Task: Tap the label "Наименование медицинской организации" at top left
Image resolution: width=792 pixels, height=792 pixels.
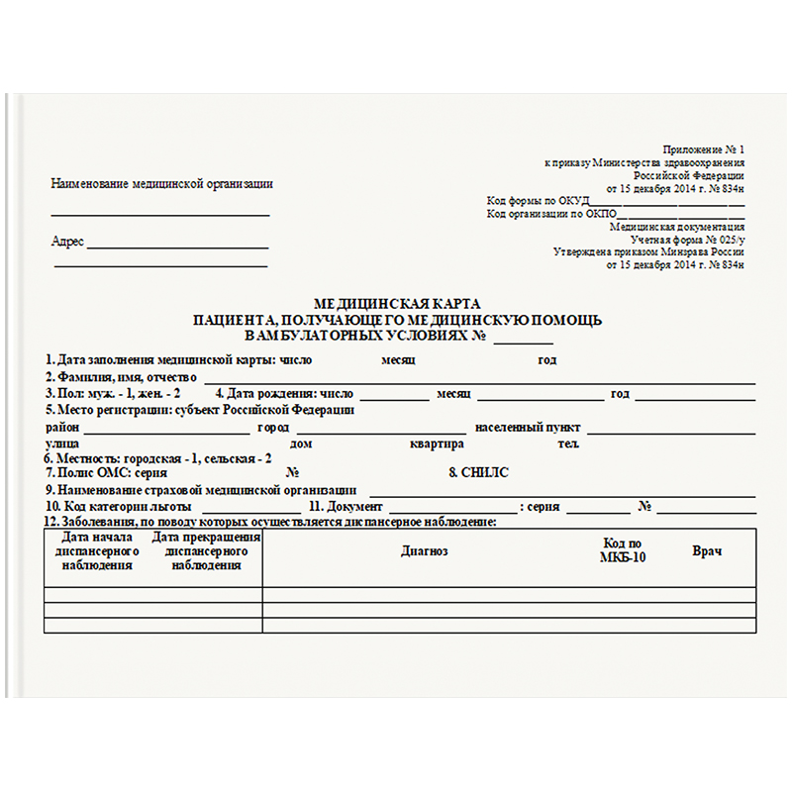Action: click(x=161, y=183)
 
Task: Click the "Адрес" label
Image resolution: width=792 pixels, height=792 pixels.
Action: click(x=67, y=242)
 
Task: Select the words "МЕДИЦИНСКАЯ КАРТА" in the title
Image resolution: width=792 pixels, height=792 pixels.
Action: click(x=396, y=304)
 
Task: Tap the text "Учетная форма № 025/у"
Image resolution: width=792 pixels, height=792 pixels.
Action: click(x=687, y=240)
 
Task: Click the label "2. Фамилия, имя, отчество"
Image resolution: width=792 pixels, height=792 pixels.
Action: click(x=121, y=377)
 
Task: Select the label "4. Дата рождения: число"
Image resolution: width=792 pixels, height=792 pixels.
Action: click(x=284, y=394)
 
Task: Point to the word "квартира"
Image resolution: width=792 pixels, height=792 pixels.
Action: click(x=437, y=444)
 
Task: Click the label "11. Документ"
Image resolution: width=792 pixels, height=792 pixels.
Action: click(x=346, y=506)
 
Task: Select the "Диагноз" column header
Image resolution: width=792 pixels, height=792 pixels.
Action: click(x=425, y=550)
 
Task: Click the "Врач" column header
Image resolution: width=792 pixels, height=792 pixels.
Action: click(x=707, y=550)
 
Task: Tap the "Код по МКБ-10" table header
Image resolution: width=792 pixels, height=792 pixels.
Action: click(x=623, y=550)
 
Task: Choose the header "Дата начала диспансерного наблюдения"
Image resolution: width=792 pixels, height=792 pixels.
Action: click(x=97, y=551)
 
